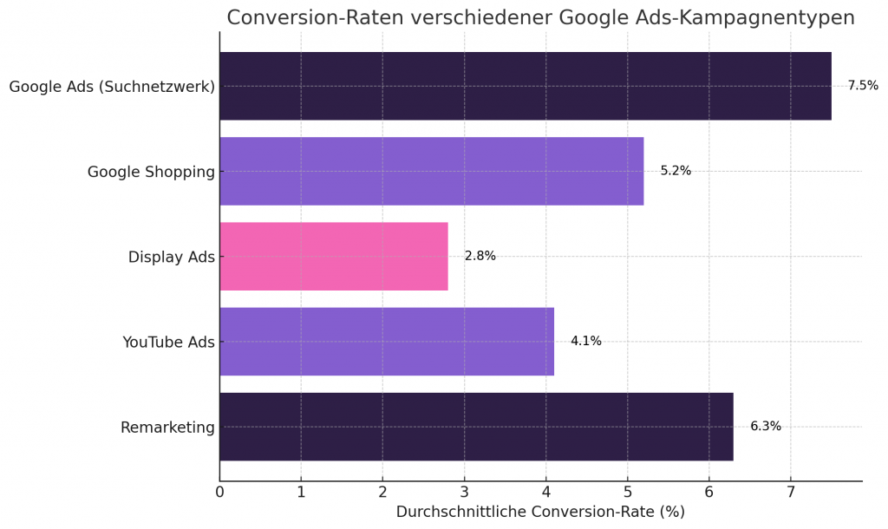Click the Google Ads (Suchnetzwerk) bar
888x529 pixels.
click(x=525, y=86)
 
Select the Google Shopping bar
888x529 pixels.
click(x=431, y=171)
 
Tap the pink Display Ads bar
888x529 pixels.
click(x=334, y=256)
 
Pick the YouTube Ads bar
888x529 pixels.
click(x=387, y=341)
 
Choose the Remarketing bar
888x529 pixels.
click(x=476, y=426)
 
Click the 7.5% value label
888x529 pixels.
click(x=863, y=86)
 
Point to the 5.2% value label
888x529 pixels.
click(x=676, y=171)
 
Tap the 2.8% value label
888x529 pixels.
click(x=480, y=256)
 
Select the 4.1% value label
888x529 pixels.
click(x=586, y=341)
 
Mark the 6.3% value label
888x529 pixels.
click(x=766, y=426)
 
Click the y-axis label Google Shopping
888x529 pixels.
click(x=151, y=172)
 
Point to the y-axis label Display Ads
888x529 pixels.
click(x=171, y=257)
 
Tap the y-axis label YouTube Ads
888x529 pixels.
click(x=168, y=342)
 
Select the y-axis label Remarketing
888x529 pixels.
click(x=167, y=427)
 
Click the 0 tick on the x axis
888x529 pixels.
click(x=219, y=493)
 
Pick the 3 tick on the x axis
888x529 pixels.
click(x=464, y=493)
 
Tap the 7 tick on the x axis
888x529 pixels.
click(x=791, y=493)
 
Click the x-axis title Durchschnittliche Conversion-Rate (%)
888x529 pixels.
click(x=540, y=512)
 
